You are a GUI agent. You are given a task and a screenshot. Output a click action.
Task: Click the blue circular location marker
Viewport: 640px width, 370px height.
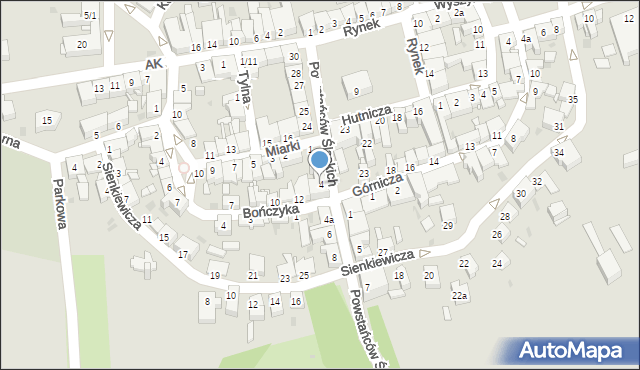click(x=319, y=159)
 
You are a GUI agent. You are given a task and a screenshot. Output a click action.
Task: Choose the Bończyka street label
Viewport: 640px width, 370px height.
click(x=270, y=212)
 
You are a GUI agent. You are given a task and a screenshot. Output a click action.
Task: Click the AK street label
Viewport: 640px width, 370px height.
click(x=152, y=64)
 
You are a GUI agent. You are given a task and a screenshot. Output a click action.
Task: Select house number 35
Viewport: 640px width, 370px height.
click(x=573, y=100)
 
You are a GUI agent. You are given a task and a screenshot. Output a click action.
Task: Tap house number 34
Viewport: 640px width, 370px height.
click(x=559, y=153)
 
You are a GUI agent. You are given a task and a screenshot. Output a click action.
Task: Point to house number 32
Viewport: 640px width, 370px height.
click(x=536, y=181)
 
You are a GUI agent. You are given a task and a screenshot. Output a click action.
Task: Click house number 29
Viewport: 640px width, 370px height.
click(x=447, y=224)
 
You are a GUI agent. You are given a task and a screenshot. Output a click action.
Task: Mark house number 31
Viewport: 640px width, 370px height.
click(x=558, y=127)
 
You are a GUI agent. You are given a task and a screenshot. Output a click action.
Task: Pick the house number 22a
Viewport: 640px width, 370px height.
click(x=459, y=296)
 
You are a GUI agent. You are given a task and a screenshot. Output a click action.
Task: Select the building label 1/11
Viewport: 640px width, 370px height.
click(x=248, y=61)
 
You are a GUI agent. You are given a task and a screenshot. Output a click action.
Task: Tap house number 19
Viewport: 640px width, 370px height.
click(x=214, y=275)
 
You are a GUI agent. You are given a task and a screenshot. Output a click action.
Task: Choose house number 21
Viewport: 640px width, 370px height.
click(x=253, y=275)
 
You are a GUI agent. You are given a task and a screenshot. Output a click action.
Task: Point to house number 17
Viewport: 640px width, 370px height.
click(x=182, y=254)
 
